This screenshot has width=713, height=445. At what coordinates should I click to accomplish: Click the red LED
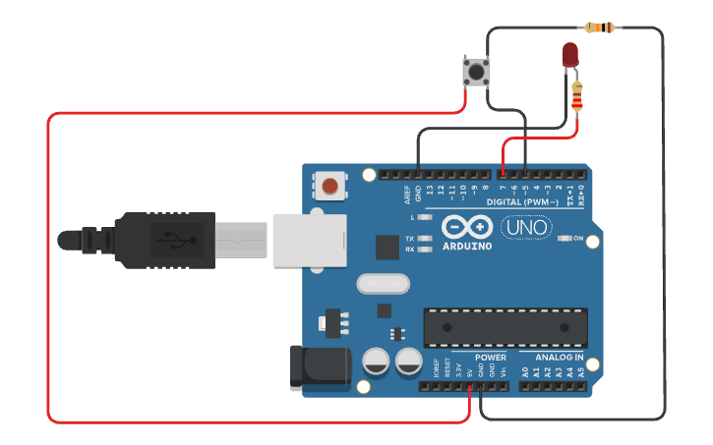click(570, 56)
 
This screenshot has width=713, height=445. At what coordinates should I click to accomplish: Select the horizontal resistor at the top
click(600, 28)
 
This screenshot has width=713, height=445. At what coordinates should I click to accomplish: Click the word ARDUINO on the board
click(467, 246)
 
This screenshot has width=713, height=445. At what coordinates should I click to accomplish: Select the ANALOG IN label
click(559, 358)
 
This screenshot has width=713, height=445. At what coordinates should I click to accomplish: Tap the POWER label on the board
click(491, 358)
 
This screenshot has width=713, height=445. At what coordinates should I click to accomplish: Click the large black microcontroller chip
click(505, 327)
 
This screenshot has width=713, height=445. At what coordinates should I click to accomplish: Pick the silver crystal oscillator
click(382, 284)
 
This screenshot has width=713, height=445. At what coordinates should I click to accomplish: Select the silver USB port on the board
click(311, 240)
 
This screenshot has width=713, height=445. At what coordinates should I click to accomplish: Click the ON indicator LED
click(564, 238)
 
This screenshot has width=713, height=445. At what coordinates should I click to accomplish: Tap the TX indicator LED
click(425, 239)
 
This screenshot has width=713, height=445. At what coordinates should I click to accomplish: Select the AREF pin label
click(407, 194)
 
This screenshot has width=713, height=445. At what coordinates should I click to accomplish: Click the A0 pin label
click(524, 371)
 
